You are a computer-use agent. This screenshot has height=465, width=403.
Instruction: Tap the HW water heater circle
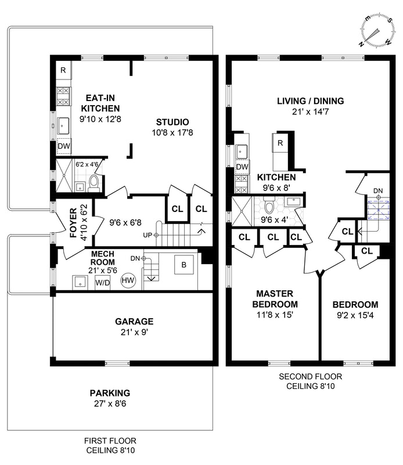128,281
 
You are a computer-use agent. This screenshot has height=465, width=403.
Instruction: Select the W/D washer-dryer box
103,283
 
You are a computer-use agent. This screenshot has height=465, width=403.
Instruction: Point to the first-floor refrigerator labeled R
63,71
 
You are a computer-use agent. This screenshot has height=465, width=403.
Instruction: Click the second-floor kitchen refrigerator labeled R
280,143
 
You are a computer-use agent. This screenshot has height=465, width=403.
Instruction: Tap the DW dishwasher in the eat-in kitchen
63,146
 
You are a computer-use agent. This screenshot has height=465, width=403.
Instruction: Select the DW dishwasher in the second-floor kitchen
242,167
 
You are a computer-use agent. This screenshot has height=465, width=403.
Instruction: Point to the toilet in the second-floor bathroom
269,206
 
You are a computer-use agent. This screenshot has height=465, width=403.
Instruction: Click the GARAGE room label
134,321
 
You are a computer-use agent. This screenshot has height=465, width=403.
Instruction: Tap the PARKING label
110,392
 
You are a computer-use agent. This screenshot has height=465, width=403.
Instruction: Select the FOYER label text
73,221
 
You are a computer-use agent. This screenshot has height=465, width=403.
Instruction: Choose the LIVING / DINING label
310,101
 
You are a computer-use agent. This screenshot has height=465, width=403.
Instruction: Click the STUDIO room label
172,122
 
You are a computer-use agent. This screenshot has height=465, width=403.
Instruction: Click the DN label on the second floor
378,190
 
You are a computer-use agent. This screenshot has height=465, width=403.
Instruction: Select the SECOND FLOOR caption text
308,376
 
